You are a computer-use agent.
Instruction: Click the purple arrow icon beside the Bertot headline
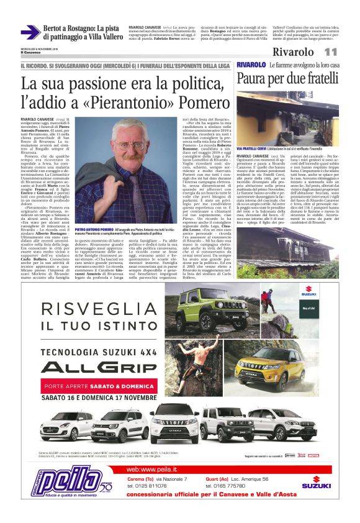coord(30,32)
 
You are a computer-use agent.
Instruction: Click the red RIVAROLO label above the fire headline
coord(251,65)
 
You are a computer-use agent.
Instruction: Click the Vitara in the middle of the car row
coord(180,422)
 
